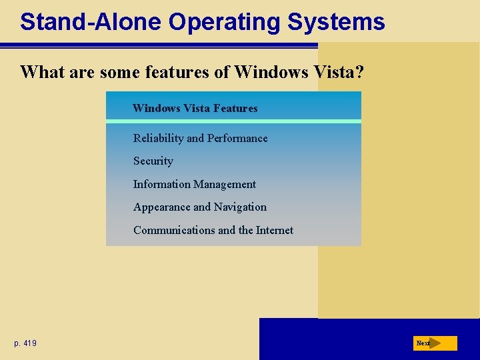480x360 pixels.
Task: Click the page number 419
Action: tap(25, 343)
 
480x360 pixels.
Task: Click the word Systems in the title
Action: tap(336, 21)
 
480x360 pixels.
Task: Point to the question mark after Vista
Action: tap(359, 72)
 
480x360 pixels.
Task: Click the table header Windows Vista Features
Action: tap(195, 108)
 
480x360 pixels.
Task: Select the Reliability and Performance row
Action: tap(200, 138)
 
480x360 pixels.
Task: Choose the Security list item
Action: tap(153, 161)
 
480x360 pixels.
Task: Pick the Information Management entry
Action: tap(194, 184)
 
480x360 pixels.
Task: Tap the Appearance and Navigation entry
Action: tap(199, 207)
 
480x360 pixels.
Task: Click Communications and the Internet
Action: tap(213, 230)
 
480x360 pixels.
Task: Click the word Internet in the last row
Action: tap(275, 230)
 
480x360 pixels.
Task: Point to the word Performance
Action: tap(237, 138)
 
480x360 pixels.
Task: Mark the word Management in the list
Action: tap(224, 184)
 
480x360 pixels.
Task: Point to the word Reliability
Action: tap(158, 138)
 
